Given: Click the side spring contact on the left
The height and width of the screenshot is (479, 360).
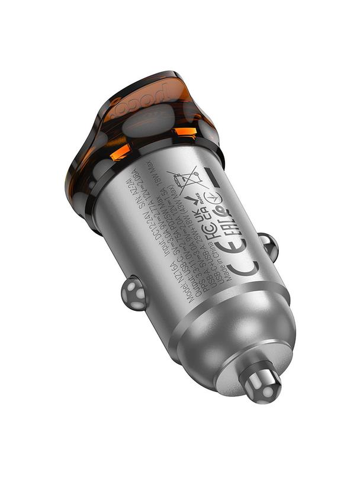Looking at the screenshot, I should tap(134, 292).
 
